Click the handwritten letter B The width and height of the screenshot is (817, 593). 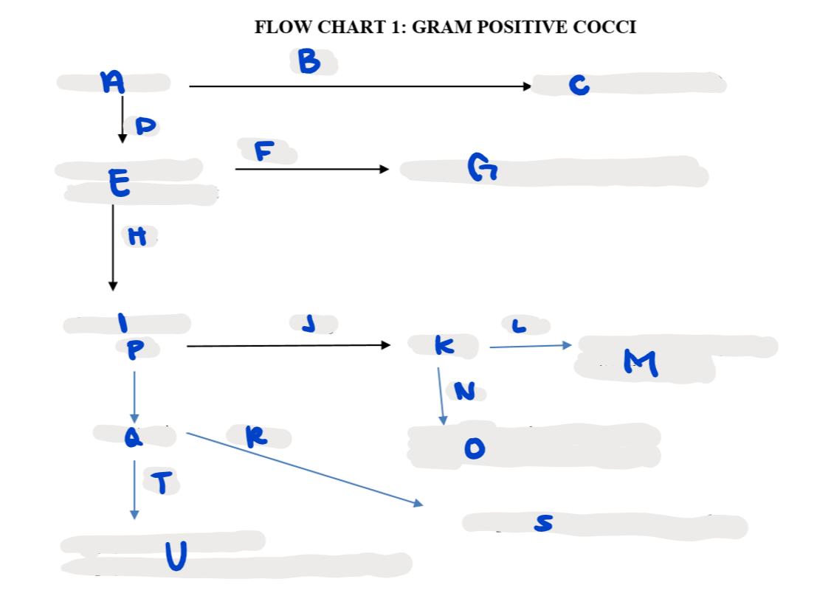(x=309, y=63)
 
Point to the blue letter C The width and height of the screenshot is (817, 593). (x=579, y=86)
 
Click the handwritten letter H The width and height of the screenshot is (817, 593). (x=137, y=237)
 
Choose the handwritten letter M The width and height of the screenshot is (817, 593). (x=639, y=361)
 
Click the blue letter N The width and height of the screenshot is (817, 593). (x=464, y=391)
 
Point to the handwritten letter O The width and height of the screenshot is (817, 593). (x=475, y=448)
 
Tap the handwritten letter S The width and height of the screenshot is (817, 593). (x=542, y=524)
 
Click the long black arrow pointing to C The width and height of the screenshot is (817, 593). (x=359, y=86)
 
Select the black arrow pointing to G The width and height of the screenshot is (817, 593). (x=311, y=170)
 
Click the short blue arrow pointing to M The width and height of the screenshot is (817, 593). (x=530, y=345)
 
